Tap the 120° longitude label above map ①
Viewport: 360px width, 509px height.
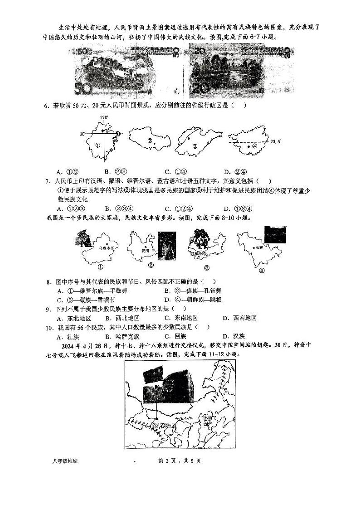coord(103,118)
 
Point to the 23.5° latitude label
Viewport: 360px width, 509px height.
coord(276,142)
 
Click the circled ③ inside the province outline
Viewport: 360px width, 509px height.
coord(194,146)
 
